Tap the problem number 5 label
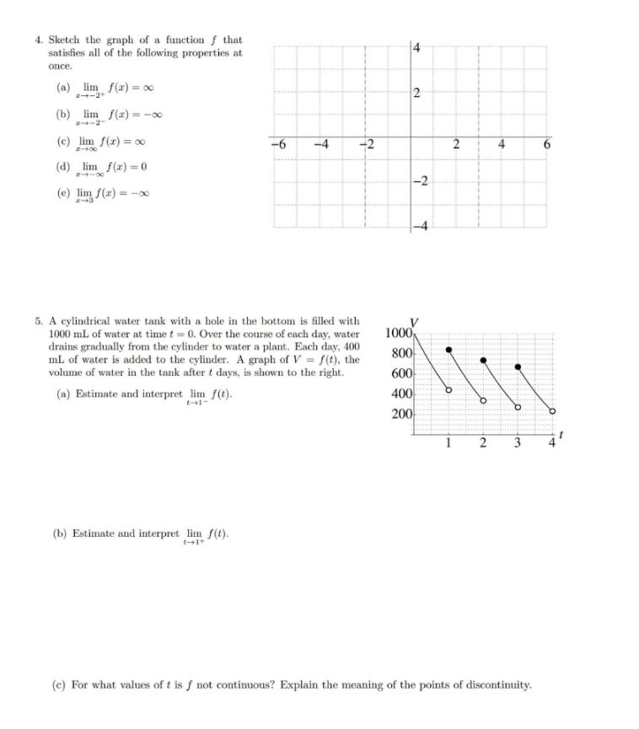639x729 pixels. (39, 321)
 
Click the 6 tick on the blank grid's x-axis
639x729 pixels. (545, 143)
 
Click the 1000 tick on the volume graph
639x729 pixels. (398, 332)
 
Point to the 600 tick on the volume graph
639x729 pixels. (401, 373)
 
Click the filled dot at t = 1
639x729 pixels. (449, 349)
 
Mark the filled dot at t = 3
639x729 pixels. (518, 367)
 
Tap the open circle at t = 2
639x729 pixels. (483, 400)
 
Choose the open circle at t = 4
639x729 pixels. (552, 411)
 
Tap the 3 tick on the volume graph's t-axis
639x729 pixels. (518, 443)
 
